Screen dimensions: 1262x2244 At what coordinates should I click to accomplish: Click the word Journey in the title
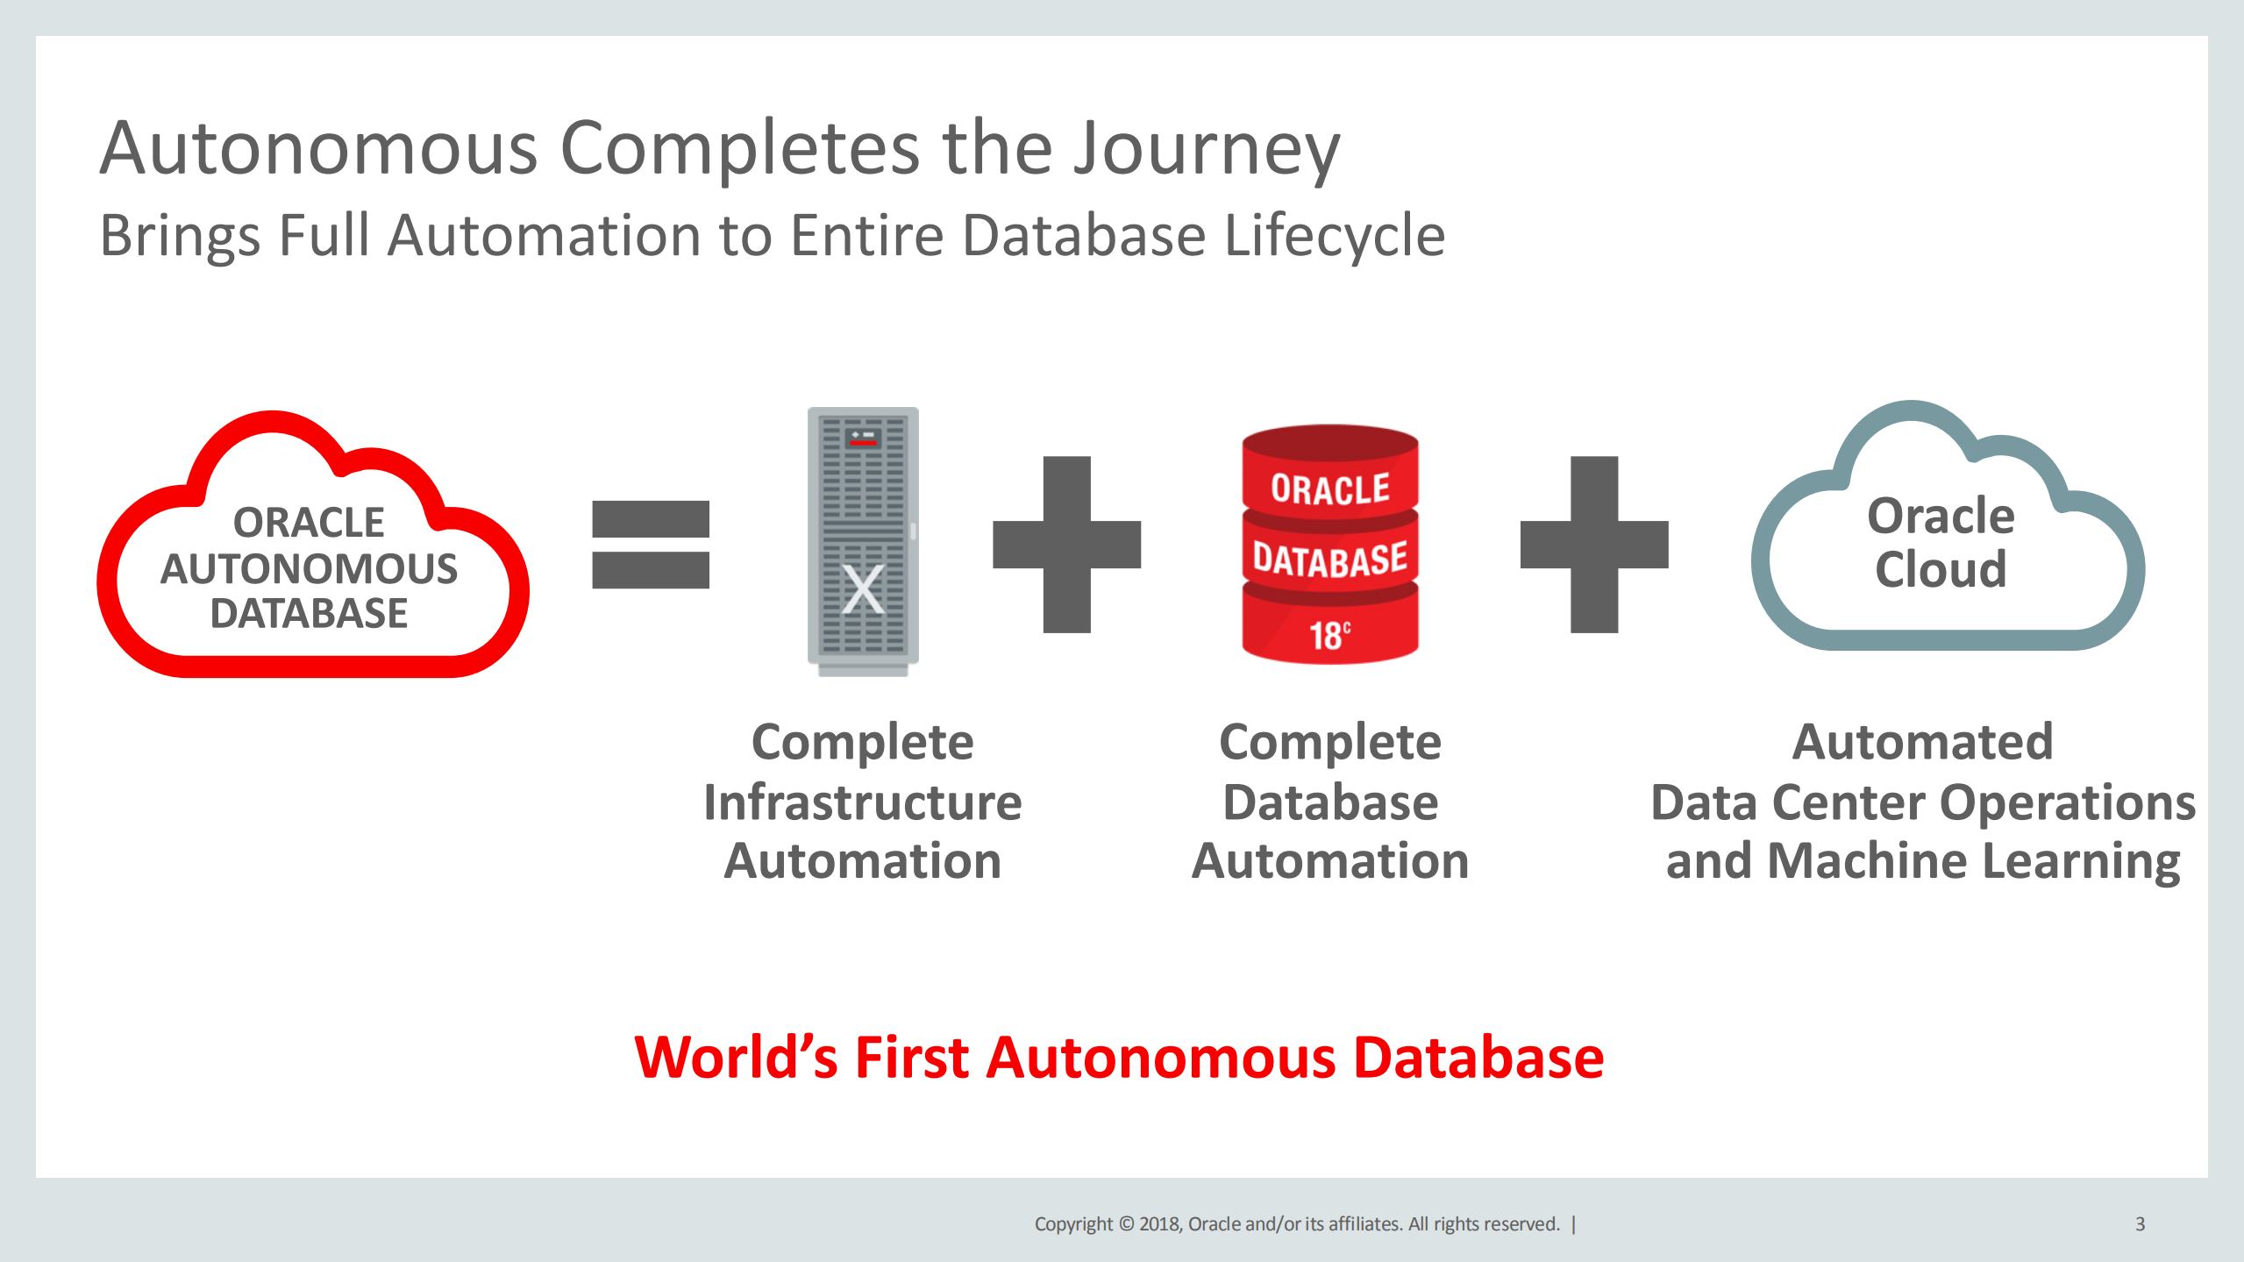pos(1207,149)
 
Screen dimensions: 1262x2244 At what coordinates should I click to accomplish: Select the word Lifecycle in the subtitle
pos(1334,237)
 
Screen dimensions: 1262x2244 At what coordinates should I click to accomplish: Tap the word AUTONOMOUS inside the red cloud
pos(309,569)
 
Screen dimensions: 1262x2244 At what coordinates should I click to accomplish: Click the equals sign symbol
pos(650,545)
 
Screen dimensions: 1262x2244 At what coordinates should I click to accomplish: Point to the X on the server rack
pos(863,589)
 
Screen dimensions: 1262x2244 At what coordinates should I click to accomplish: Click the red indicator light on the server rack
pos(863,443)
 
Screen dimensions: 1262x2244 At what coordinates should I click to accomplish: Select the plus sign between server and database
pos(1066,545)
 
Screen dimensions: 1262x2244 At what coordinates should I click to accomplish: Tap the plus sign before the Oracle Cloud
pos(1593,545)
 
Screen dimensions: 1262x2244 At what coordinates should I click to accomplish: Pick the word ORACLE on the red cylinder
pos(1329,489)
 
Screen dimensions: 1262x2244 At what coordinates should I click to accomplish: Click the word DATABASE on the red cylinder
pos(1329,560)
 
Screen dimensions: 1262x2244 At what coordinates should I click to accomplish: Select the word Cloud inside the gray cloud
pos(1940,569)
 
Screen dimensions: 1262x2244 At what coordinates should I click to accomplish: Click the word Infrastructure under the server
pos(863,802)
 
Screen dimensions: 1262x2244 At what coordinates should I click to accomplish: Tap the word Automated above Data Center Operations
pos(1922,743)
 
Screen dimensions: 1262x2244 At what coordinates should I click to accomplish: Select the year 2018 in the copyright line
pos(1160,1224)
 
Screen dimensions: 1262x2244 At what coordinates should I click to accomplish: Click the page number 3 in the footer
pos(2140,1224)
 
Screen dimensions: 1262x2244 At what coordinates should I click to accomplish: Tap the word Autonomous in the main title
pos(318,149)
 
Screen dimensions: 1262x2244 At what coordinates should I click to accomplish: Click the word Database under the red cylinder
pos(1329,802)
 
